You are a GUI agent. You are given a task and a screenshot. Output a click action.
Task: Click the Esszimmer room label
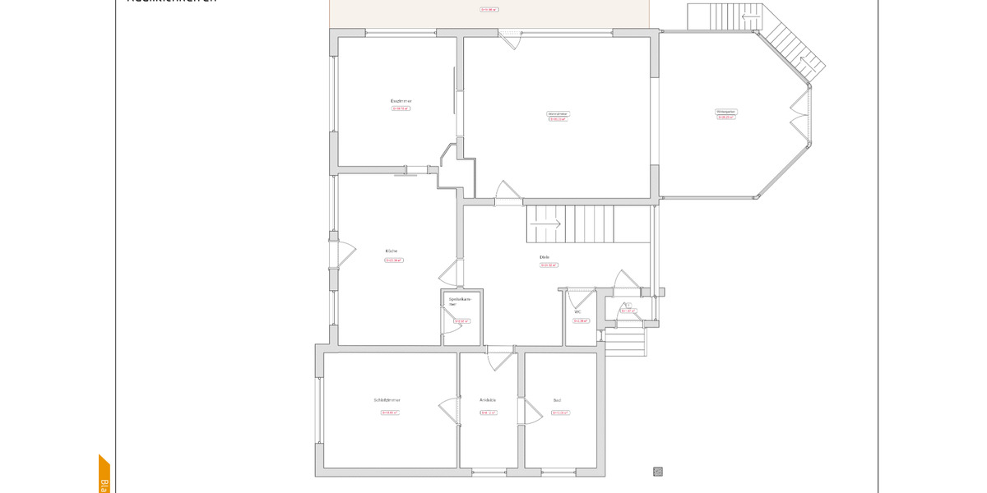point(401,100)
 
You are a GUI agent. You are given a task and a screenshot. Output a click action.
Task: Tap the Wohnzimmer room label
point(558,113)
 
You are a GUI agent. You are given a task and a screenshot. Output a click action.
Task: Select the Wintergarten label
point(725,111)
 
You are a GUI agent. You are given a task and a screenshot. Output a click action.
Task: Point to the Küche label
point(392,251)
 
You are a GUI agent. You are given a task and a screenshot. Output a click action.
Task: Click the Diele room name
point(544,257)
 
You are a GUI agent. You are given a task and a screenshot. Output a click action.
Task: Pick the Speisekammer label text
point(459,302)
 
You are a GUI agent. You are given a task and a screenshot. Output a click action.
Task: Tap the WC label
point(577,312)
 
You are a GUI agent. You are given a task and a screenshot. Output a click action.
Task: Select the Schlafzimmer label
point(387,400)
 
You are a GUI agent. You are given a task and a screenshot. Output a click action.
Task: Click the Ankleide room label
point(488,400)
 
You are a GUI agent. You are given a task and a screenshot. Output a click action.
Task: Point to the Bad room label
point(557,401)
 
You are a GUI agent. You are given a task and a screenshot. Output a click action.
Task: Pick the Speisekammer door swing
point(452,324)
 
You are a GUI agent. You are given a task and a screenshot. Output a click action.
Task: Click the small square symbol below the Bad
point(657,472)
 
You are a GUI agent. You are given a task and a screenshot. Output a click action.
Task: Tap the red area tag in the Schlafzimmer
point(389,412)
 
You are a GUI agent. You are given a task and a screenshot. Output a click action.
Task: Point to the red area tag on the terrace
point(489,10)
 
